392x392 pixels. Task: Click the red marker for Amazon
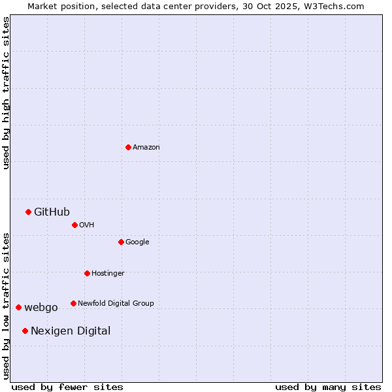coord(128,147)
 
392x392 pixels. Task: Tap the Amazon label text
coord(146,148)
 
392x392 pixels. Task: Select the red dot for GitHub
coord(29,212)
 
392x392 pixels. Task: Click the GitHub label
coord(52,212)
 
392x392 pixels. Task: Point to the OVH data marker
coord(74,225)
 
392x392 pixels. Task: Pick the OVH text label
coord(87,225)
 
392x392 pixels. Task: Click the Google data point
coord(121,242)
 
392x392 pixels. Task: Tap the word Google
coord(137,242)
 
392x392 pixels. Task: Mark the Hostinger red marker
coord(87,273)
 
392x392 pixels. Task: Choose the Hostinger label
coord(108,274)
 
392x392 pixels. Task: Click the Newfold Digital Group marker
coord(73,303)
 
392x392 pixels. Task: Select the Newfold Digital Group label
coord(116,304)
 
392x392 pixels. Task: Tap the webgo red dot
coord(18,307)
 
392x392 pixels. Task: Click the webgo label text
coord(41,308)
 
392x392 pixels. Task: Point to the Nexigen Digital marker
coord(25,331)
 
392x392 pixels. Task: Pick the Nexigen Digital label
coord(71,331)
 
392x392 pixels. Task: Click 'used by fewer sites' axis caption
coord(67,387)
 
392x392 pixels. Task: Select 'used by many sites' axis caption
coord(328,387)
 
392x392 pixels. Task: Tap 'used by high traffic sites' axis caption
coord(7,93)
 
